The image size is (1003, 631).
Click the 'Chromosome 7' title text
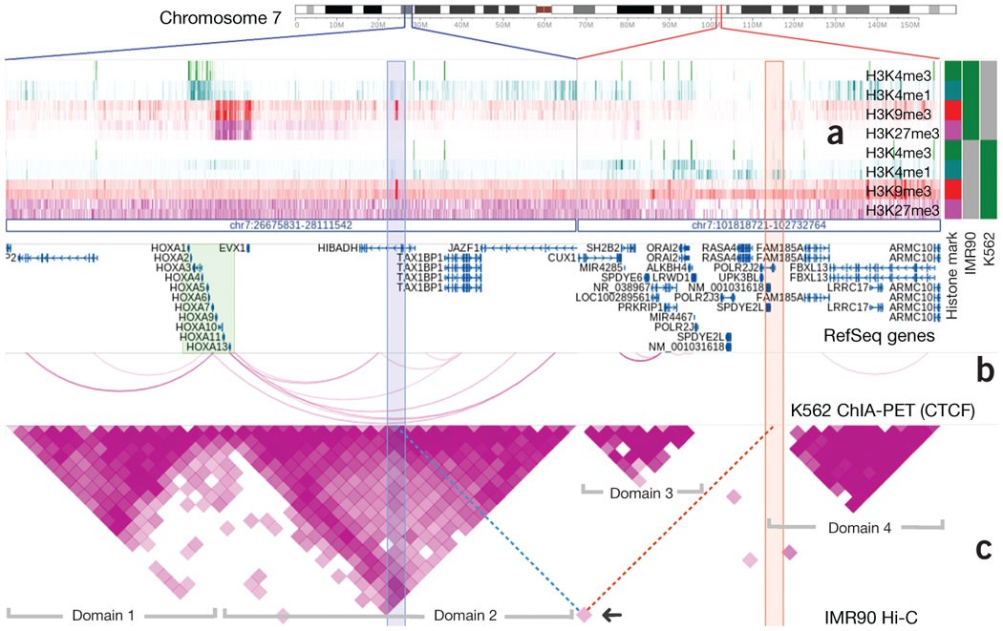click(221, 18)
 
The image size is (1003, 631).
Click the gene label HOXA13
click(203, 347)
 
